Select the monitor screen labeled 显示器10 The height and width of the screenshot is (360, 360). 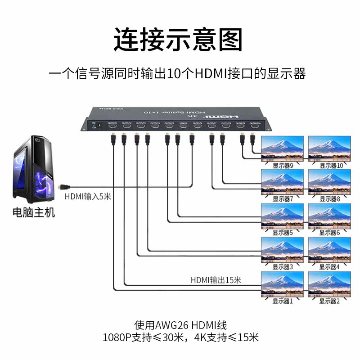tap(329, 148)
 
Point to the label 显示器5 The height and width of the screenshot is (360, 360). tap(283, 233)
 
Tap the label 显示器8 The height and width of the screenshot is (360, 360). tap(329, 198)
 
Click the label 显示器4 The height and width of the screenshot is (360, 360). tap(329, 267)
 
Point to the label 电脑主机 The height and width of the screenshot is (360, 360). tap(34, 212)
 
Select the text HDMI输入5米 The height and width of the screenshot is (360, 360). tap(87, 196)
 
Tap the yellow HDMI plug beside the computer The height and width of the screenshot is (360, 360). tap(63, 186)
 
